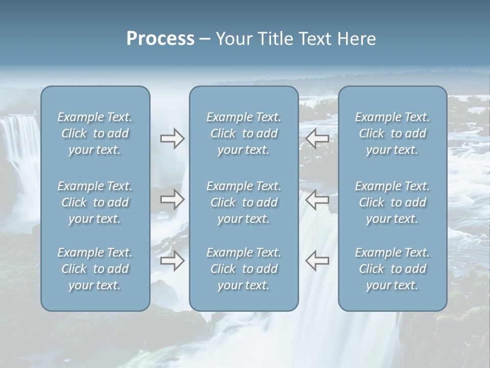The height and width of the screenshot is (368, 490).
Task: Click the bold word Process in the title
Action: [x=160, y=39]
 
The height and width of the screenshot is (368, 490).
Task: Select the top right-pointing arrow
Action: [x=172, y=139]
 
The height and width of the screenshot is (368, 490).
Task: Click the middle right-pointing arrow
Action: [x=172, y=199]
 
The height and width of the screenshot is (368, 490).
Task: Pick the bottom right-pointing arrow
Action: [x=172, y=261]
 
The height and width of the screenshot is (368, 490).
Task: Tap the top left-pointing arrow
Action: [x=317, y=139]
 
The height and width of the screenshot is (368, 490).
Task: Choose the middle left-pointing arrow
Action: [x=317, y=199]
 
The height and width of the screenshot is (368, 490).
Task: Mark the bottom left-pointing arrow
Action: [x=317, y=261]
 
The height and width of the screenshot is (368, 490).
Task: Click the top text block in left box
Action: [x=95, y=133]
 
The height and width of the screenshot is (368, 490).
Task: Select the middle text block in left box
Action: [x=95, y=202]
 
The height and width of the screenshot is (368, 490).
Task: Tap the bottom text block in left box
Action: [x=95, y=269]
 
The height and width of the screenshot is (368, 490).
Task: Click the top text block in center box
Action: [x=244, y=133]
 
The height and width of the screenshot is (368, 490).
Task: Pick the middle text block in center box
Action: [x=244, y=202]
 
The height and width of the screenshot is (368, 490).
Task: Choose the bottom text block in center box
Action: [x=244, y=269]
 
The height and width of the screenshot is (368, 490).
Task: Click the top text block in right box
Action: [x=393, y=133]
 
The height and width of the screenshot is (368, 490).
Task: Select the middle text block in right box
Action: [x=393, y=202]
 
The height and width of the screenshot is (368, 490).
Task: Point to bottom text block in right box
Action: [x=393, y=269]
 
